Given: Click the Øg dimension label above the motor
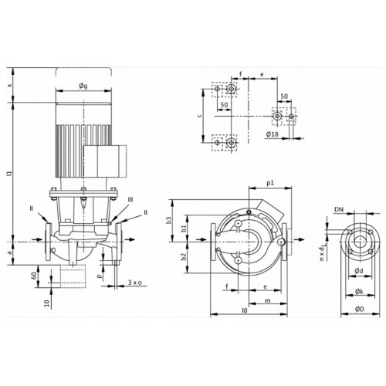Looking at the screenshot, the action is (83, 86).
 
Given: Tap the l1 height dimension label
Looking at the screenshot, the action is (10, 173).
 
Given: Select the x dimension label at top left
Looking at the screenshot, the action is (10, 85).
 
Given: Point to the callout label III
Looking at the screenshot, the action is (130, 200).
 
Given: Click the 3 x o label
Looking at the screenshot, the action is (135, 283).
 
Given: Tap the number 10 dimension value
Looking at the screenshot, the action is (46, 303).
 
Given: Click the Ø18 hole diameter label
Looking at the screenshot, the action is (273, 134).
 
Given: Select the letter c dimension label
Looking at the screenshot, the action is (199, 116).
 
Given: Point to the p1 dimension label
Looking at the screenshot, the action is (270, 183).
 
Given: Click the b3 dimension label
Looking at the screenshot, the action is (169, 220).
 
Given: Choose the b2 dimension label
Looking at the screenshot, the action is (184, 256).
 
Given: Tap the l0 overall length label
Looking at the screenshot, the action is (245, 310).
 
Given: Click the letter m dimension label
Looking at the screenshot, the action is (268, 300).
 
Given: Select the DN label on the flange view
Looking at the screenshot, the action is (339, 209).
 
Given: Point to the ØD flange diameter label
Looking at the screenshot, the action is (360, 309).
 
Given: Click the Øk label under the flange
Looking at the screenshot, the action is (359, 291).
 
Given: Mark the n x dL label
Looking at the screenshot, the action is (322, 252).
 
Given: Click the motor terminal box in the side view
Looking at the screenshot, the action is (105, 161).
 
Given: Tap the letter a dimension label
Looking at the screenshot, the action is (10, 252).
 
